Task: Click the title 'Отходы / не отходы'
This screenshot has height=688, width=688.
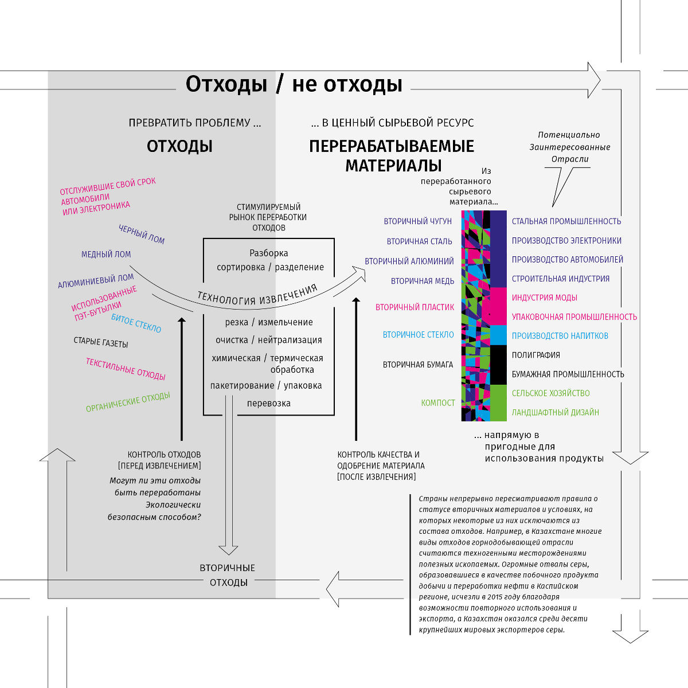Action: [x=294, y=84]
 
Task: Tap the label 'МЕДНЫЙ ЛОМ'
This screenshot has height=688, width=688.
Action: [x=106, y=254]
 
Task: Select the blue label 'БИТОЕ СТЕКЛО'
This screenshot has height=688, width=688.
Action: [x=136, y=323]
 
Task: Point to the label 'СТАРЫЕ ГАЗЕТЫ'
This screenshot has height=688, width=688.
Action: [x=101, y=343]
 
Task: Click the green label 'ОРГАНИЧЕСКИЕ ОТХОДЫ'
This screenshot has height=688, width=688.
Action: [x=128, y=402]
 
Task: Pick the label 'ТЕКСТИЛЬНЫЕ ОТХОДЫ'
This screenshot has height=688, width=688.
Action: [x=126, y=369]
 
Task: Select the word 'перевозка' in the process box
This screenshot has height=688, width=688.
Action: [x=269, y=403]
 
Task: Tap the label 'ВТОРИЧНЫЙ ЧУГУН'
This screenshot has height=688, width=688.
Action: [x=417, y=221]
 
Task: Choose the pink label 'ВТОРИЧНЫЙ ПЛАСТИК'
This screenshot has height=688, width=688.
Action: [x=415, y=307]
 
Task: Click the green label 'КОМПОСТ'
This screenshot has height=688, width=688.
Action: [x=438, y=403]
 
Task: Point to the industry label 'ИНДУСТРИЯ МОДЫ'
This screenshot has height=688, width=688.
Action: [x=544, y=298]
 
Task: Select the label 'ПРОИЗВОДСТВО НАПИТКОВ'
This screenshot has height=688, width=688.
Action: [x=560, y=336]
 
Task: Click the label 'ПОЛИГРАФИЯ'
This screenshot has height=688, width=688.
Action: [x=535, y=355]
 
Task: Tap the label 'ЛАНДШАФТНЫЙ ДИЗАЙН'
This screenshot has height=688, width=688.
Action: [x=555, y=412]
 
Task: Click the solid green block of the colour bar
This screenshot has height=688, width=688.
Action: [x=498, y=402]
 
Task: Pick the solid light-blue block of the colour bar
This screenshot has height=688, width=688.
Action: [x=498, y=335]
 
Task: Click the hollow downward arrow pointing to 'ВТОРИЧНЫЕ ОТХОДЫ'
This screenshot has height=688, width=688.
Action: [x=228, y=476]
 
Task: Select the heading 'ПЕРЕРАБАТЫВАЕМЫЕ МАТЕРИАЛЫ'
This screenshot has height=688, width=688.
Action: [x=392, y=155]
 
